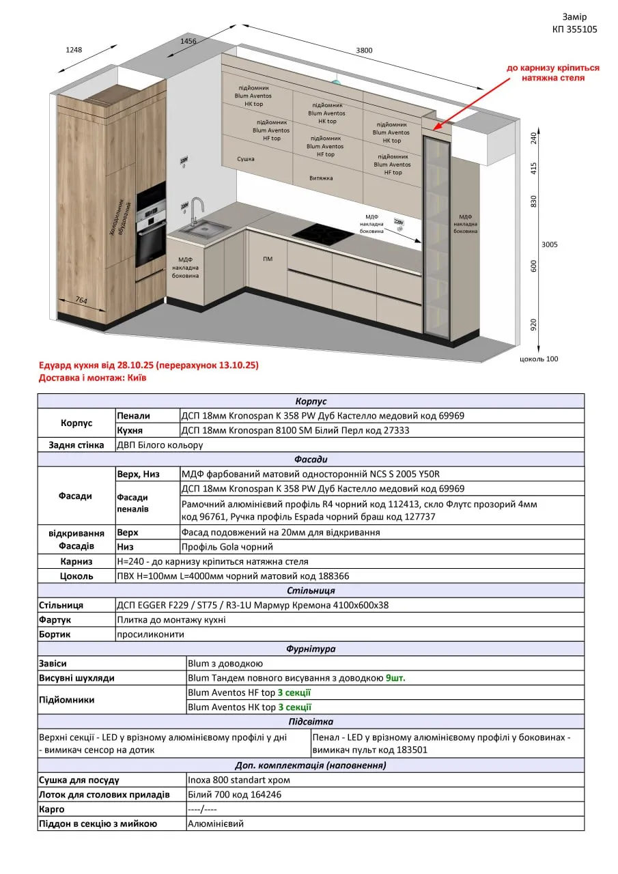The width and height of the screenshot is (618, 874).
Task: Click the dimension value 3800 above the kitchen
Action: click(x=364, y=51)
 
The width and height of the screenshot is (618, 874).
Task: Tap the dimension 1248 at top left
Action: click(x=74, y=50)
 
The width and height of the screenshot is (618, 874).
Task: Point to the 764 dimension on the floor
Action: click(x=81, y=300)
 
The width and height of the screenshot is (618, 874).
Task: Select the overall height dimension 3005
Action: click(x=549, y=244)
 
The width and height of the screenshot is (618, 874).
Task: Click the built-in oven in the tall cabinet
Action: click(x=151, y=244)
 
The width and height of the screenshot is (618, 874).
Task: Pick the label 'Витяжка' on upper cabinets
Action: click(x=320, y=178)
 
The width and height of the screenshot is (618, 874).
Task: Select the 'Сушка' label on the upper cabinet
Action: click(x=246, y=159)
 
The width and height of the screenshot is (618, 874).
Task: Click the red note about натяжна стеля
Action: click(x=552, y=73)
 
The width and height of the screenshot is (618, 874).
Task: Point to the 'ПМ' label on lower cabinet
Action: click(x=268, y=259)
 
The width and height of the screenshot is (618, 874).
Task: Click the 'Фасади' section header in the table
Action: click(x=311, y=460)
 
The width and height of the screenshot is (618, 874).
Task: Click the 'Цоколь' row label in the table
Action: click(x=76, y=576)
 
